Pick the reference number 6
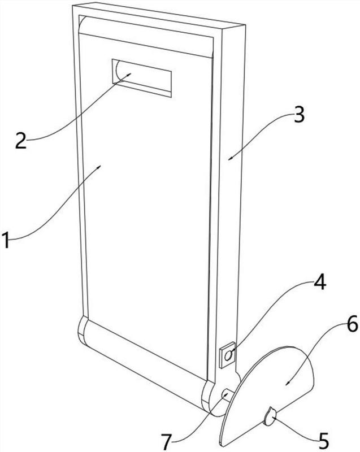point(336,324)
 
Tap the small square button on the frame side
point(227,357)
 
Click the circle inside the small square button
point(228,357)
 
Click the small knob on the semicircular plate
point(269,419)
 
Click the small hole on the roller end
point(226,393)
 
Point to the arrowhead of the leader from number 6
point(287,383)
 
